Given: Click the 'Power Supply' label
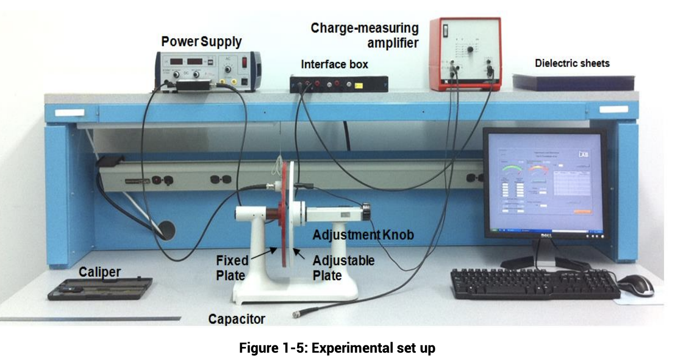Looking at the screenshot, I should (x=201, y=41).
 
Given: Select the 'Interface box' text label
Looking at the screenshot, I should (x=334, y=64).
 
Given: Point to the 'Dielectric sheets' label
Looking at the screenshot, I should (x=572, y=63).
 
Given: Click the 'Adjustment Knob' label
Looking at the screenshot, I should (x=363, y=235).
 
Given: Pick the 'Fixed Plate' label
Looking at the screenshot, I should (x=232, y=267).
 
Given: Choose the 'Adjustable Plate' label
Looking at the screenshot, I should (x=343, y=267).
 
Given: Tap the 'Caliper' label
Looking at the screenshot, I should (x=99, y=272).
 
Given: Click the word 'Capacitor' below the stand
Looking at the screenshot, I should (x=236, y=318).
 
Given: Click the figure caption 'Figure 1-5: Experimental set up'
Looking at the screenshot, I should (x=337, y=347).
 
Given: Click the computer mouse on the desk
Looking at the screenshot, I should (x=635, y=285).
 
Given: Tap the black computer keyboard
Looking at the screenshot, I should (x=534, y=284).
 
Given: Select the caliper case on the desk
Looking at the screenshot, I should (x=100, y=289).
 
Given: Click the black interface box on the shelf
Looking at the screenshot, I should (x=339, y=84).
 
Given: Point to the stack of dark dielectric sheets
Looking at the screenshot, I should (x=573, y=82).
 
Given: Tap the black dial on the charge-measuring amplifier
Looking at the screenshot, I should (x=470, y=49).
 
